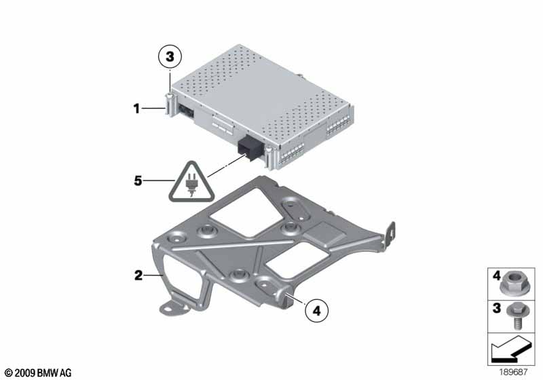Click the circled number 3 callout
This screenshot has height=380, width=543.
click(170, 56)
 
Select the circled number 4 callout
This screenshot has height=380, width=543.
click(316, 311)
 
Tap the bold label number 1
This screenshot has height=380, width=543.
click(136, 109)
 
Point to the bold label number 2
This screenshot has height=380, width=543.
click(138, 275)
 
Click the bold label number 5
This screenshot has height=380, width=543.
click(138, 180)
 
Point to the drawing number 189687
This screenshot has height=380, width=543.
click(513, 372)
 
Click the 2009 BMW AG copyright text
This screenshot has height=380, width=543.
click(38, 373)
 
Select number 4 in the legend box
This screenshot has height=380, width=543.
click(496, 275)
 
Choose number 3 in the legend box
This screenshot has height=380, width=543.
click(497, 307)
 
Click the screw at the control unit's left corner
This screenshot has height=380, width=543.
click(169, 104)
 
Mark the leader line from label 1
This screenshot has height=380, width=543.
click(153, 109)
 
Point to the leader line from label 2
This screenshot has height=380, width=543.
click(153, 275)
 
